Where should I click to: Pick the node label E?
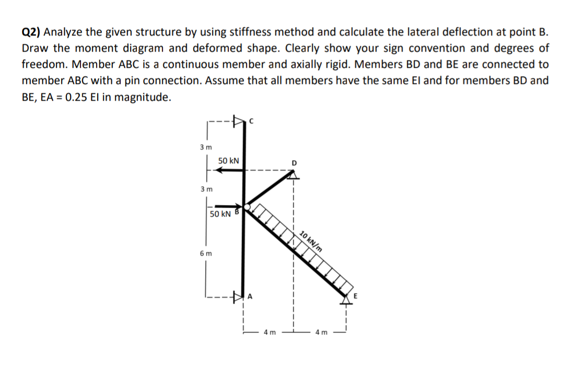pos(357,296)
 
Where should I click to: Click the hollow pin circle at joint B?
pos(246,208)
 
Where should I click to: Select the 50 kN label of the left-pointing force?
pos(228,161)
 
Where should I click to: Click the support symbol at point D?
pos(293,176)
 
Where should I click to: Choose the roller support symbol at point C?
pos(239,123)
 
